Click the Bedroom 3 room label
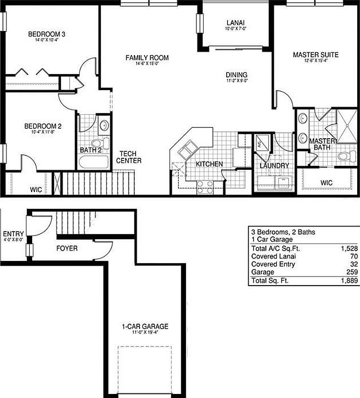tap(47, 34)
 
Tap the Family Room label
tap(147, 57)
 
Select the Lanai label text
tap(237, 22)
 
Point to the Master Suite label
tap(315, 55)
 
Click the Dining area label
tap(236, 75)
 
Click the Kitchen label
tap(209, 164)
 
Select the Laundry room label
tap(273, 166)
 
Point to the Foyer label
tap(67, 248)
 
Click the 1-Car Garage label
tap(145, 326)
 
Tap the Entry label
tap(13, 234)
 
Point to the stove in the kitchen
tap(205, 185)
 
